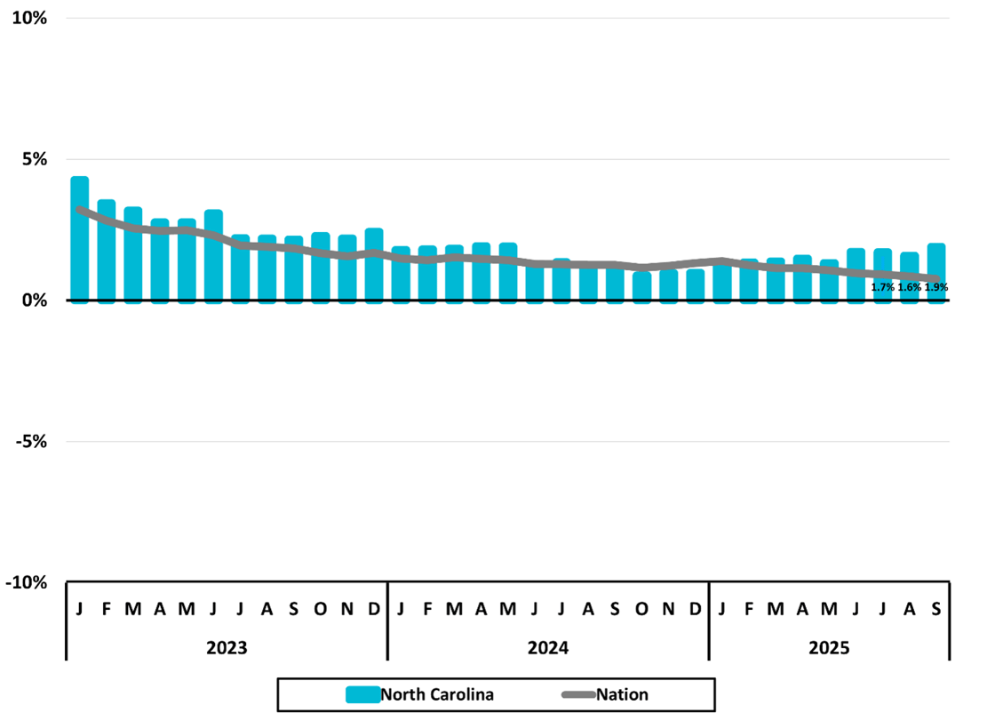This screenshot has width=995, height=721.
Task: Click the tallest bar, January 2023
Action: click(x=79, y=239)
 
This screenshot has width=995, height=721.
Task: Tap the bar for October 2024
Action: click(x=641, y=287)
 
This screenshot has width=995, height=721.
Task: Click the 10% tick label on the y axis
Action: click(x=29, y=19)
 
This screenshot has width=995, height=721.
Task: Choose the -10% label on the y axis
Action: click(x=28, y=582)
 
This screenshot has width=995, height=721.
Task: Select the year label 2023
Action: click(x=227, y=647)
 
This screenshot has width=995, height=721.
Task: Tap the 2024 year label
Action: click(x=548, y=647)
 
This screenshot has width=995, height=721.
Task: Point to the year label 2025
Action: click(x=829, y=647)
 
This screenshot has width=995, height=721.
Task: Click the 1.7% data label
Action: click(x=882, y=287)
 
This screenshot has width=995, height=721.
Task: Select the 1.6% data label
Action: click(x=910, y=287)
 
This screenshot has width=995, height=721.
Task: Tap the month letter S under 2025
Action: click(x=936, y=609)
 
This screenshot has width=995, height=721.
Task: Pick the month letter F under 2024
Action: click(x=427, y=609)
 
